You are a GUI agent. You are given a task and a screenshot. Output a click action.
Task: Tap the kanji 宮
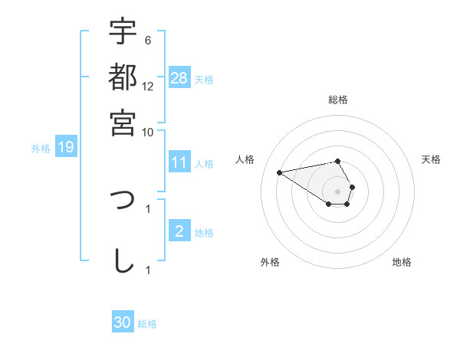click(x=123, y=123)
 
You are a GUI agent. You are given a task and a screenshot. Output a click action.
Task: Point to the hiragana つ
click(x=123, y=201)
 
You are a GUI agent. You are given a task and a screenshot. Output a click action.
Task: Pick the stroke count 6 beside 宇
click(x=148, y=41)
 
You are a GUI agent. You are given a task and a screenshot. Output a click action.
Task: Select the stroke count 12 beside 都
click(x=148, y=87)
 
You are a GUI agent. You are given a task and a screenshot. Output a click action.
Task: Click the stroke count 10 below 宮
click(x=148, y=132)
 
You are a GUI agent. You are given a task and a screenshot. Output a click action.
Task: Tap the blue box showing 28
click(x=179, y=78)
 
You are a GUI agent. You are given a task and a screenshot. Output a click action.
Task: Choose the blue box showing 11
click(x=179, y=162)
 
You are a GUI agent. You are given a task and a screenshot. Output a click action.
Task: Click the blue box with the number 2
click(x=179, y=231)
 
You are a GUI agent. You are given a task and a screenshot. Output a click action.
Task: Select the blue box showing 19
click(x=66, y=148)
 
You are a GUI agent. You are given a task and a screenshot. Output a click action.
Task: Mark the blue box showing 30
click(x=123, y=322)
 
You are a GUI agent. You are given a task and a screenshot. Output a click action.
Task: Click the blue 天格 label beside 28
click(x=204, y=79)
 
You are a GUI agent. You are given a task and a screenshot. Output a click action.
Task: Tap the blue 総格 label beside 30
click(x=147, y=323)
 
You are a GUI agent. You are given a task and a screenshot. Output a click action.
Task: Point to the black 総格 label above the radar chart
click(x=338, y=100)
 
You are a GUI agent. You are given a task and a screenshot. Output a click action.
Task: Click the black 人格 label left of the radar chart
click(x=245, y=159)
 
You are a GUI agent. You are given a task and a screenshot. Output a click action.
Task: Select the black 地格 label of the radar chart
click(x=402, y=262)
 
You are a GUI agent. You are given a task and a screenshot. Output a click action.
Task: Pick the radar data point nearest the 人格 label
click(x=280, y=172)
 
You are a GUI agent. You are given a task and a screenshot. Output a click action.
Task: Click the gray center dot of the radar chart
click(x=337, y=191)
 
